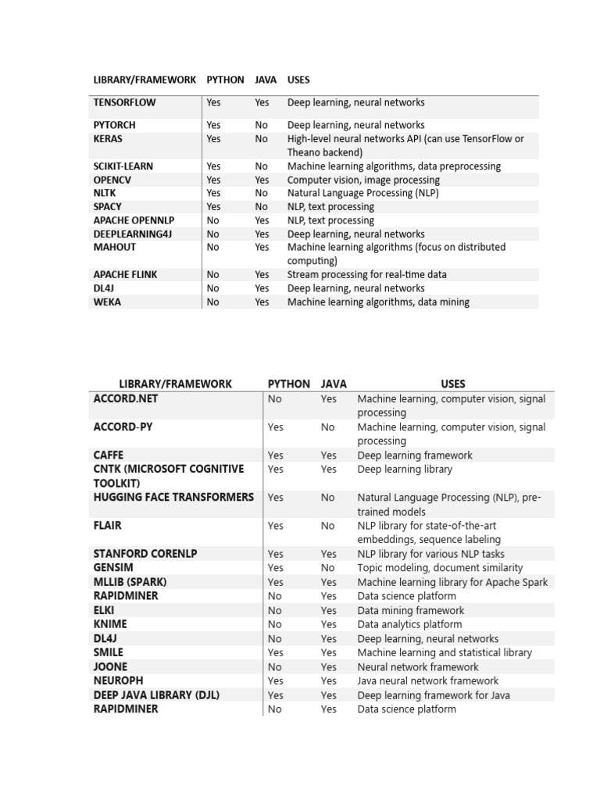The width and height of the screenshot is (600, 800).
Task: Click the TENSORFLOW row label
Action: click(x=124, y=102)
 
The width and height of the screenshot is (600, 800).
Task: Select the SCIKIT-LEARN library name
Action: click(x=123, y=166)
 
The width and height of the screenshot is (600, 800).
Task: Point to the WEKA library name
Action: click(x=107, y=302)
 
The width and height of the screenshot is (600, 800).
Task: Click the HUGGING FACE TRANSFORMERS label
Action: click(x=173, y=497)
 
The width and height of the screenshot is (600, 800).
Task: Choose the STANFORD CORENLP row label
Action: click(x=145, y=553)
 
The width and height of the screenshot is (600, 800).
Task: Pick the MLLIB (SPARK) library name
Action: click(x=130, y=582)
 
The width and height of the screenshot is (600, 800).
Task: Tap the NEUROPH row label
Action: click(x=118, y=680)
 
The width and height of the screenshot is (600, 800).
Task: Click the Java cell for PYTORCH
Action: click(x=261, y=125)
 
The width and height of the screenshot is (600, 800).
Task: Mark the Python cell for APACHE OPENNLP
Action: click(x=212, y=220)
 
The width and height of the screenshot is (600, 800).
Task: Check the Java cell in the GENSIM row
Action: click(x=327, y=568)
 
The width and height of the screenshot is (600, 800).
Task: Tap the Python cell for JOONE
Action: click(x=274, y=666)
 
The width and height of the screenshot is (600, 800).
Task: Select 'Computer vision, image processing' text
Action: click(x=362, y=180)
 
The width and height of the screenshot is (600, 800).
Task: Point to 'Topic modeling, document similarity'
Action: click(x=440, y=568)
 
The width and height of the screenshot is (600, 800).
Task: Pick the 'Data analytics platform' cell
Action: click(x=409, y=624)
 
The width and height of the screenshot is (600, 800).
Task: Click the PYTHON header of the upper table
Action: click(x=225, y=80)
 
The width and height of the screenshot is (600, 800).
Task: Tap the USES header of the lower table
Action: click(x=453, y=384)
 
